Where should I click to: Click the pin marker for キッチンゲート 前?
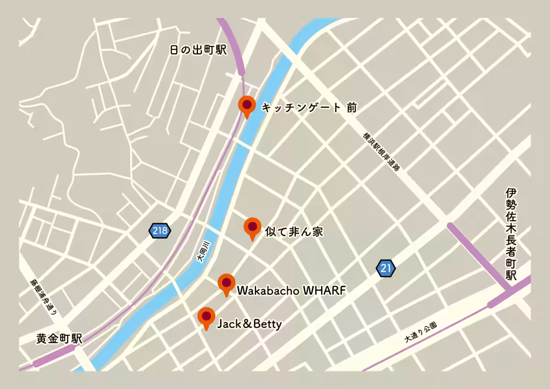(247, 105)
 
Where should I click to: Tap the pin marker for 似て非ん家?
(252, 227)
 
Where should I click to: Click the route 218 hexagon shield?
(159, 231)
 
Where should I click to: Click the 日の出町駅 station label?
(198, 50)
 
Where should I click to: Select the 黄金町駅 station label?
(59, 339)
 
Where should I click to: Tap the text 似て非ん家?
(294, 232)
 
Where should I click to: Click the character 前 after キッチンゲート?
(351, 108)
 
